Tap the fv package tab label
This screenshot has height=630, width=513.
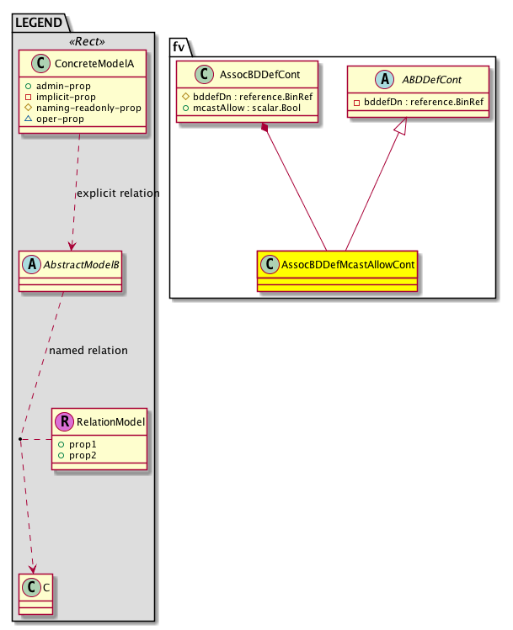[x=179, y=46]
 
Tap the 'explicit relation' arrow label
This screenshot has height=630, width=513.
[x=118, y=193]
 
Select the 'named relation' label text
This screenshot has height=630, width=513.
[x=88, y=350]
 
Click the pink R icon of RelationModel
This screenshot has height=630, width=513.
[x=63, y=421]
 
